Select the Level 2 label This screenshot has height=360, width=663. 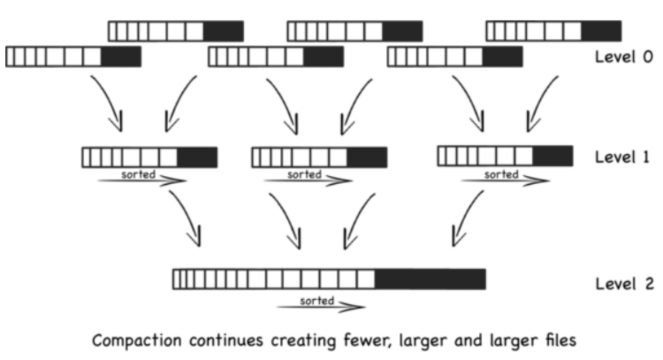(623, 284)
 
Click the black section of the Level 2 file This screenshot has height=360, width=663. (430, 279)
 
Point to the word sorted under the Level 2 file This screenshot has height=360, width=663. (317, 300)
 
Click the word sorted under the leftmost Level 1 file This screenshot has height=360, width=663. (138, 174)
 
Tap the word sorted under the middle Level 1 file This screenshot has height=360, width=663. (304, 174)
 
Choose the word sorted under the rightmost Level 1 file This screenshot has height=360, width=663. (502, 174)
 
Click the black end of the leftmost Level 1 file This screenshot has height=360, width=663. (197, 157)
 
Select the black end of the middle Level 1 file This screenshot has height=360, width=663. (367, 157)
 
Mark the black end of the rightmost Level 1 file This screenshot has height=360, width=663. (552, 155)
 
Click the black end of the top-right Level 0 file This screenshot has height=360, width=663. (601, 31)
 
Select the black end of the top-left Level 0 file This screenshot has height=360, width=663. (223, 31)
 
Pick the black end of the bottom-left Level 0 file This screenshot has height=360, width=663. (121, 57)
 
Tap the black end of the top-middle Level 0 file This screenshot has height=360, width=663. (403, 31)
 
